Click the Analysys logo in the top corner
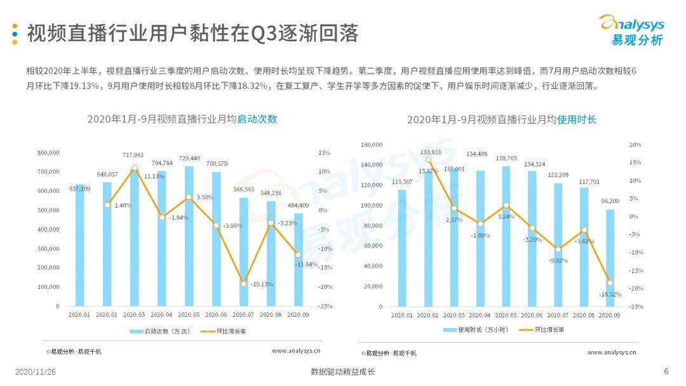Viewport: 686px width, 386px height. click(x=631, y=30)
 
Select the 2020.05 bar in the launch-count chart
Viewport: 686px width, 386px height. click(x=189, y=241)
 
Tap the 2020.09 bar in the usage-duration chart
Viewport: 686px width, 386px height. click(x=609, y=260)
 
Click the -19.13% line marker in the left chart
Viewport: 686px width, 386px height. click(x=243, y=284)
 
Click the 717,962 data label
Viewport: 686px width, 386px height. click(x=133, y=155)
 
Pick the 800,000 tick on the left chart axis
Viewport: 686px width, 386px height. click(x=48, y=153)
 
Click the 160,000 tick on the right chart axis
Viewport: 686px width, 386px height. click(x=372, y=145)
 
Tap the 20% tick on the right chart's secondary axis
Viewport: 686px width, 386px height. click(x=635, y=145)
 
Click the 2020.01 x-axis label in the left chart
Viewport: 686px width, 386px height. click(x=79, y=314)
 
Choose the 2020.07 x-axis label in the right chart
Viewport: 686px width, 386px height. click(x=558, y=315)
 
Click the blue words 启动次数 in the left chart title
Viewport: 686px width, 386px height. click(x=257, y=119)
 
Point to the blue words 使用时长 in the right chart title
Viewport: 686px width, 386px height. click(x=577, y=119)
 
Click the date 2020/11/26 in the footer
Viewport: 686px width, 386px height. click(x=36, y=371)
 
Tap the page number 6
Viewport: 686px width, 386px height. click(x=666, y=371)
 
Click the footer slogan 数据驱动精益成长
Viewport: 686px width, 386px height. click(x=342, y=371)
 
